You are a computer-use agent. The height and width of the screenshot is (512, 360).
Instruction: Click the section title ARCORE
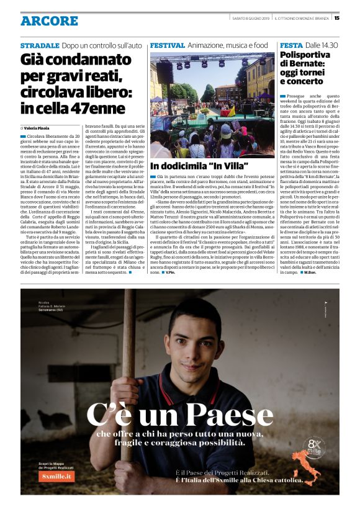49,20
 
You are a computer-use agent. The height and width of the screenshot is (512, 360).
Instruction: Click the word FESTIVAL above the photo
168,46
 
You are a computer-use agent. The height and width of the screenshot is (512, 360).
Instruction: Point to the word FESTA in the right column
291,46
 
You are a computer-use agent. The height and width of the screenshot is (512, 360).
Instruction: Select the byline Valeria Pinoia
39,127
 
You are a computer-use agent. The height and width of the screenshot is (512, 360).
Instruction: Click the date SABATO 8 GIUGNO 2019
246,17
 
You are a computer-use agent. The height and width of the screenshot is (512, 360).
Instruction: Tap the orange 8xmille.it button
58,476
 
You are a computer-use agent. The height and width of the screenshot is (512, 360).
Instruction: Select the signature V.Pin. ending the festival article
170,290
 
